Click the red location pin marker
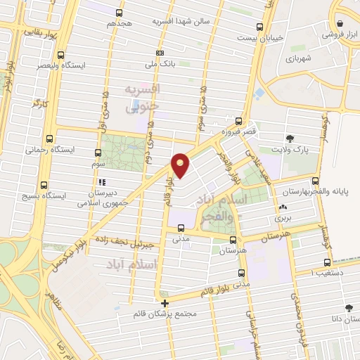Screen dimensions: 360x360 [x=181, y=166]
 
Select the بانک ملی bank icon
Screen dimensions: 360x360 [x=161, y=53]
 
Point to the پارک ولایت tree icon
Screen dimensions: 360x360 [x=290, y=139]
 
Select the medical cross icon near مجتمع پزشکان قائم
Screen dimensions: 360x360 [x=165, y=303]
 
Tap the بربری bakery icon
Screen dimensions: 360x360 [x=283, y=208]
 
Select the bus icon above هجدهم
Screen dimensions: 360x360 [x=120, y=13]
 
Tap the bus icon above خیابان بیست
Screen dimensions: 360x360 [x=260, y=27]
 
